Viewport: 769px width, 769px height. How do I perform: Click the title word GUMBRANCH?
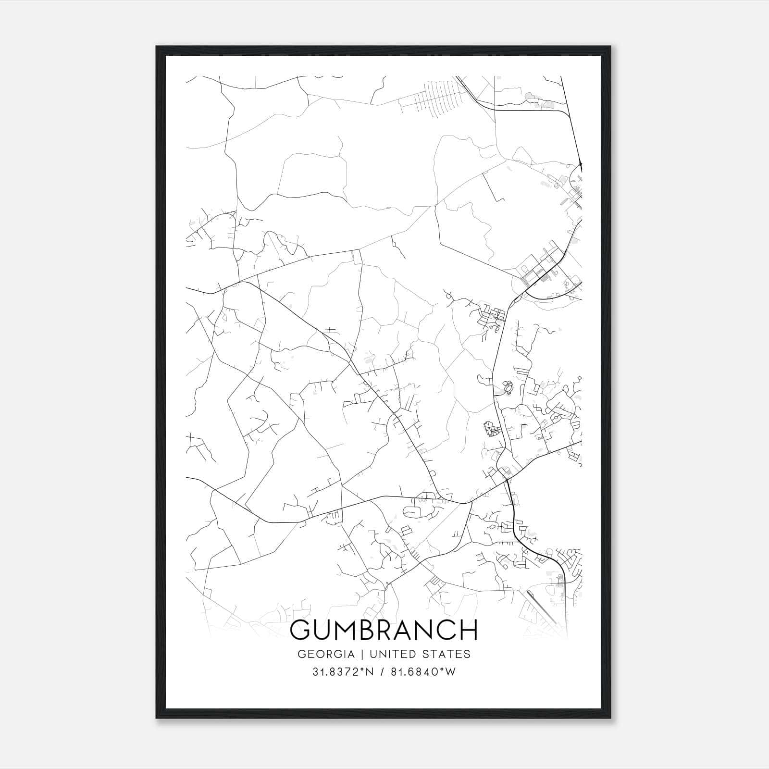(x=384, y=630)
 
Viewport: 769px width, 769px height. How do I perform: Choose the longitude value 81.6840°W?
(x=423, y=672)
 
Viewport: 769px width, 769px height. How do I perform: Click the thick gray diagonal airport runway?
(x=541, y=607)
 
